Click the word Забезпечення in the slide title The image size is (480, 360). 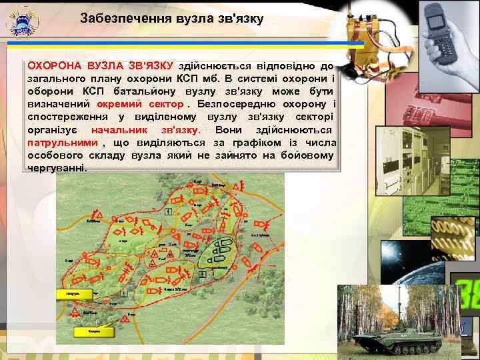point(119,19)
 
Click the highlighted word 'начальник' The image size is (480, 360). point(119,130)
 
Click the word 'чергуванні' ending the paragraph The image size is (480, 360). point(57,168)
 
